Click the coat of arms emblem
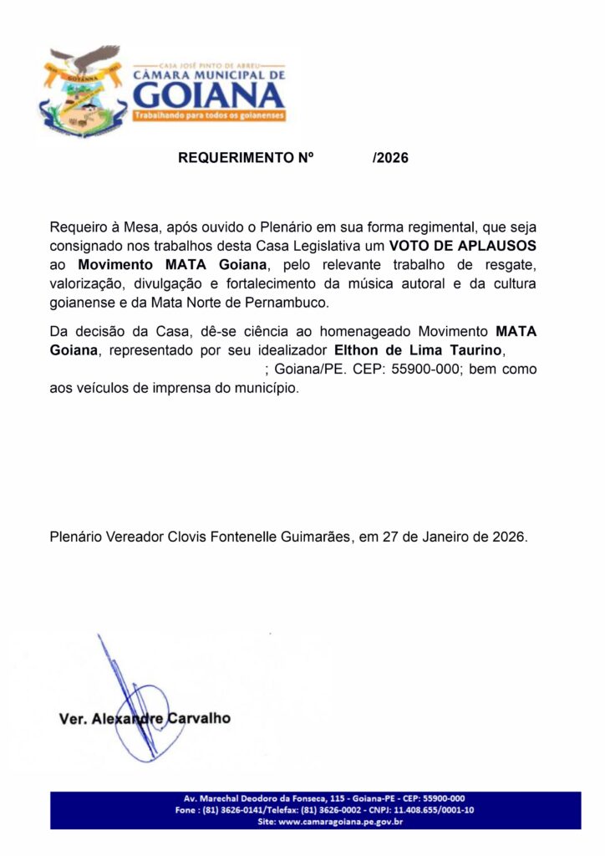pos(82,93)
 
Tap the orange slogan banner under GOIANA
pos(210,115)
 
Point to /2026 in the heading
pos(390,157)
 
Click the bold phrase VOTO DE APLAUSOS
pos(462,246)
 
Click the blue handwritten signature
pos(134,702)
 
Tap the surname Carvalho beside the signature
pos(200,718)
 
